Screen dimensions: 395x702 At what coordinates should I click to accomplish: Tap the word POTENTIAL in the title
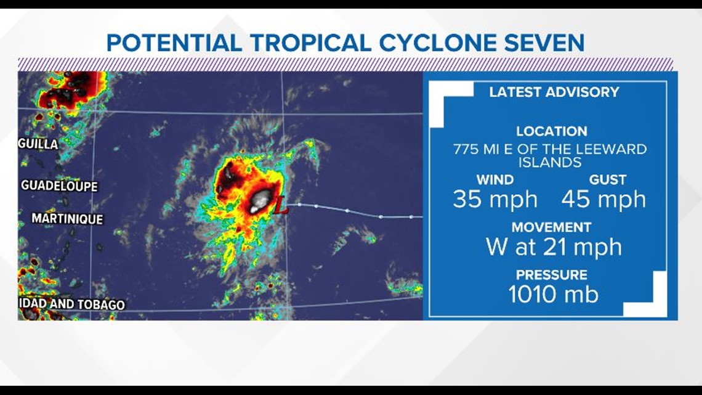coord(174,43)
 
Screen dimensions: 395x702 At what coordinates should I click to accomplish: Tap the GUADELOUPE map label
coord(59,185)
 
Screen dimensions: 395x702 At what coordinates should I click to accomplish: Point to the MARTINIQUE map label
coord(67,219)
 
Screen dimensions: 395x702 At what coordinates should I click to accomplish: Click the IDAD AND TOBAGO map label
coord(71,304)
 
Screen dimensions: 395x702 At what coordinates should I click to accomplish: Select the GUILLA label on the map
coord(38,144)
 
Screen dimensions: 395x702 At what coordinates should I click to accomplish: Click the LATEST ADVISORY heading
coord(554,92)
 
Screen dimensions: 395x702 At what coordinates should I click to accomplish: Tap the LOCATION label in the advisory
coord(551,131)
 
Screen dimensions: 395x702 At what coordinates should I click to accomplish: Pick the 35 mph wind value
coord(494,200)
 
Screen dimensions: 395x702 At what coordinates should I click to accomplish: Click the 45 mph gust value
coord(603,200)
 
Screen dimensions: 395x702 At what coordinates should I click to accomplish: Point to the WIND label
coord(494,180)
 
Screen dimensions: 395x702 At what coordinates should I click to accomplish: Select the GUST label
coord(607,180)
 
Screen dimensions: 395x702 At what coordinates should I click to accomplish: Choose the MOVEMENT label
coord(551,227)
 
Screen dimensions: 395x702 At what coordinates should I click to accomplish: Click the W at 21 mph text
coord(553,247)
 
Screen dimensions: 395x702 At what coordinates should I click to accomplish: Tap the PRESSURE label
coord(551,275)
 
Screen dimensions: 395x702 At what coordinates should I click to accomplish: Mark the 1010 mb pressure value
coord(553,295)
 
